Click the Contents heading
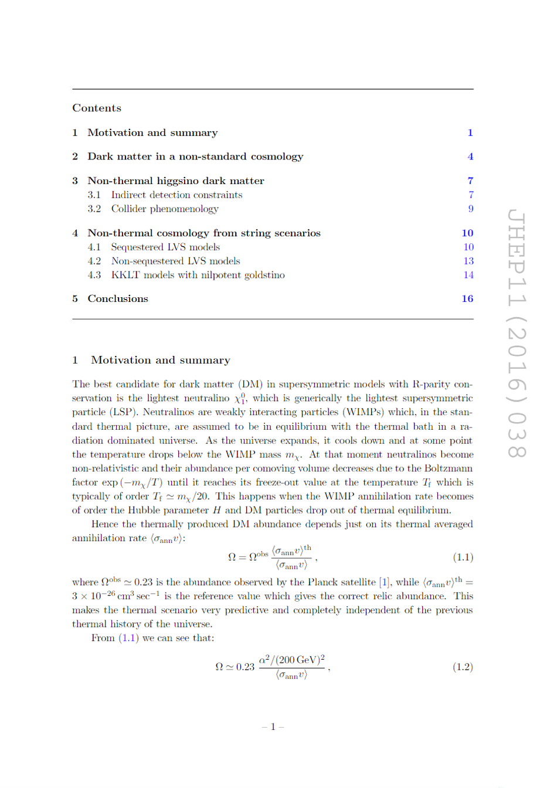coord(97,108)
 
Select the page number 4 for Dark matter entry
coord(470,157)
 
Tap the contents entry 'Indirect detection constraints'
coord(176,195)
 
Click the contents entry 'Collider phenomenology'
coord(165,209)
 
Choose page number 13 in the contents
coord(468,261)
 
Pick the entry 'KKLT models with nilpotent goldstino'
coord(198,275)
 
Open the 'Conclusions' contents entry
coord(118,298)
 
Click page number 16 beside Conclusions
coord(467,298)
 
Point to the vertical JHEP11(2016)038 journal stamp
coord(516,334)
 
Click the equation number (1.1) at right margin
coord(463,557)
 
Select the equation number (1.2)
coord(463,667)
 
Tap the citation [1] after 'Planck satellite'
coord(384,582)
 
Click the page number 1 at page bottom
coord(273,726)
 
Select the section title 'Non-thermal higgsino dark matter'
coord(176,181)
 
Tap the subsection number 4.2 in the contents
coord(94,261)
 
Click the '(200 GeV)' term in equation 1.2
coord(296,660)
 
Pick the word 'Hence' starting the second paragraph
coord(104,524)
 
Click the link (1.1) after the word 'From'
coord(128,638)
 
